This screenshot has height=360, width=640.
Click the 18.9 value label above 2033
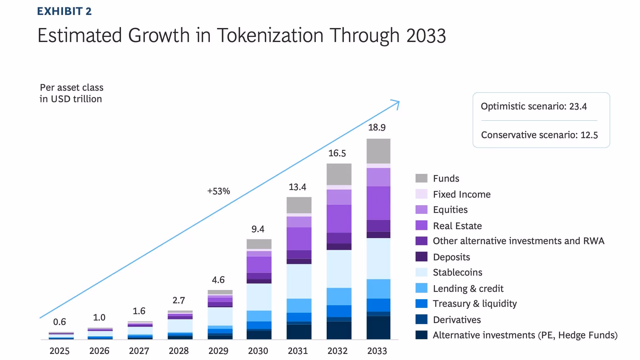[x=377, y=127]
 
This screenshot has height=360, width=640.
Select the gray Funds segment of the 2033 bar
[x=378, y=151]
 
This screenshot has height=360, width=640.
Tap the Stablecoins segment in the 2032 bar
[x=339, y=269]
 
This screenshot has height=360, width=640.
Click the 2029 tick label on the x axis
[x=218, y=351]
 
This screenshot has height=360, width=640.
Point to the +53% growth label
[x=218, y=191]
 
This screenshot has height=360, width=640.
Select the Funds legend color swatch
[x=421, y=178]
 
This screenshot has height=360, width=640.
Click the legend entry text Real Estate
[x=457, y=226]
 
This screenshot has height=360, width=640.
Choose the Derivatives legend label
[x=457, y=320]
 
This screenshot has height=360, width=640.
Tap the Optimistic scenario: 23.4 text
[x=534, y=106]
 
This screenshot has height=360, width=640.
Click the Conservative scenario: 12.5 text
[x=539, y=135]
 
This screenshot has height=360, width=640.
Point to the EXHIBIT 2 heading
[x=64, y=11]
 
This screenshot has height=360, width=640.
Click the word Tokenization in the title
[x=270, y=35]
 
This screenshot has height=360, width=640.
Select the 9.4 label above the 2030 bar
[x=258, y=229]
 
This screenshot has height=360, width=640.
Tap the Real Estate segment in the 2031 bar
[x=299, y=239]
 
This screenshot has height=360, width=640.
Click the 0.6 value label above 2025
[x=60, y=322]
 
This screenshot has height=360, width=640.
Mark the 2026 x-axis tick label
[x=99, y=351]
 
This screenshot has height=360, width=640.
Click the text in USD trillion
[x=71, y=99]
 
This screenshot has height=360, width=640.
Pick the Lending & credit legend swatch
[x=421, y=288]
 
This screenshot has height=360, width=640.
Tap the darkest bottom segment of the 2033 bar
[x=378, y=328]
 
